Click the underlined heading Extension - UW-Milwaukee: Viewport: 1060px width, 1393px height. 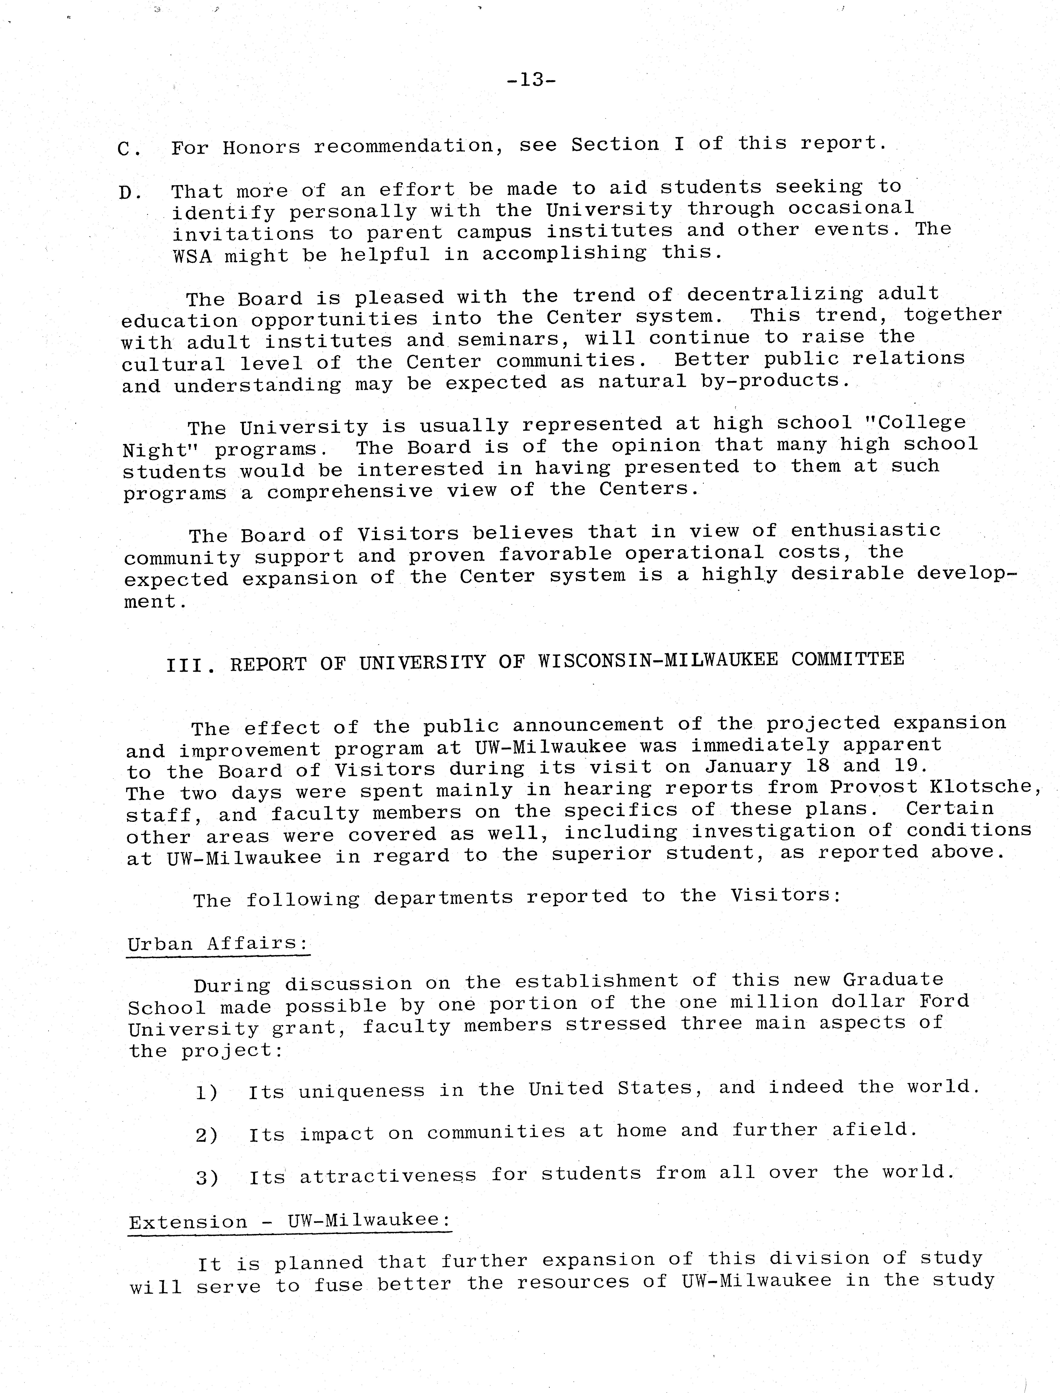click(290, 1221)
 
